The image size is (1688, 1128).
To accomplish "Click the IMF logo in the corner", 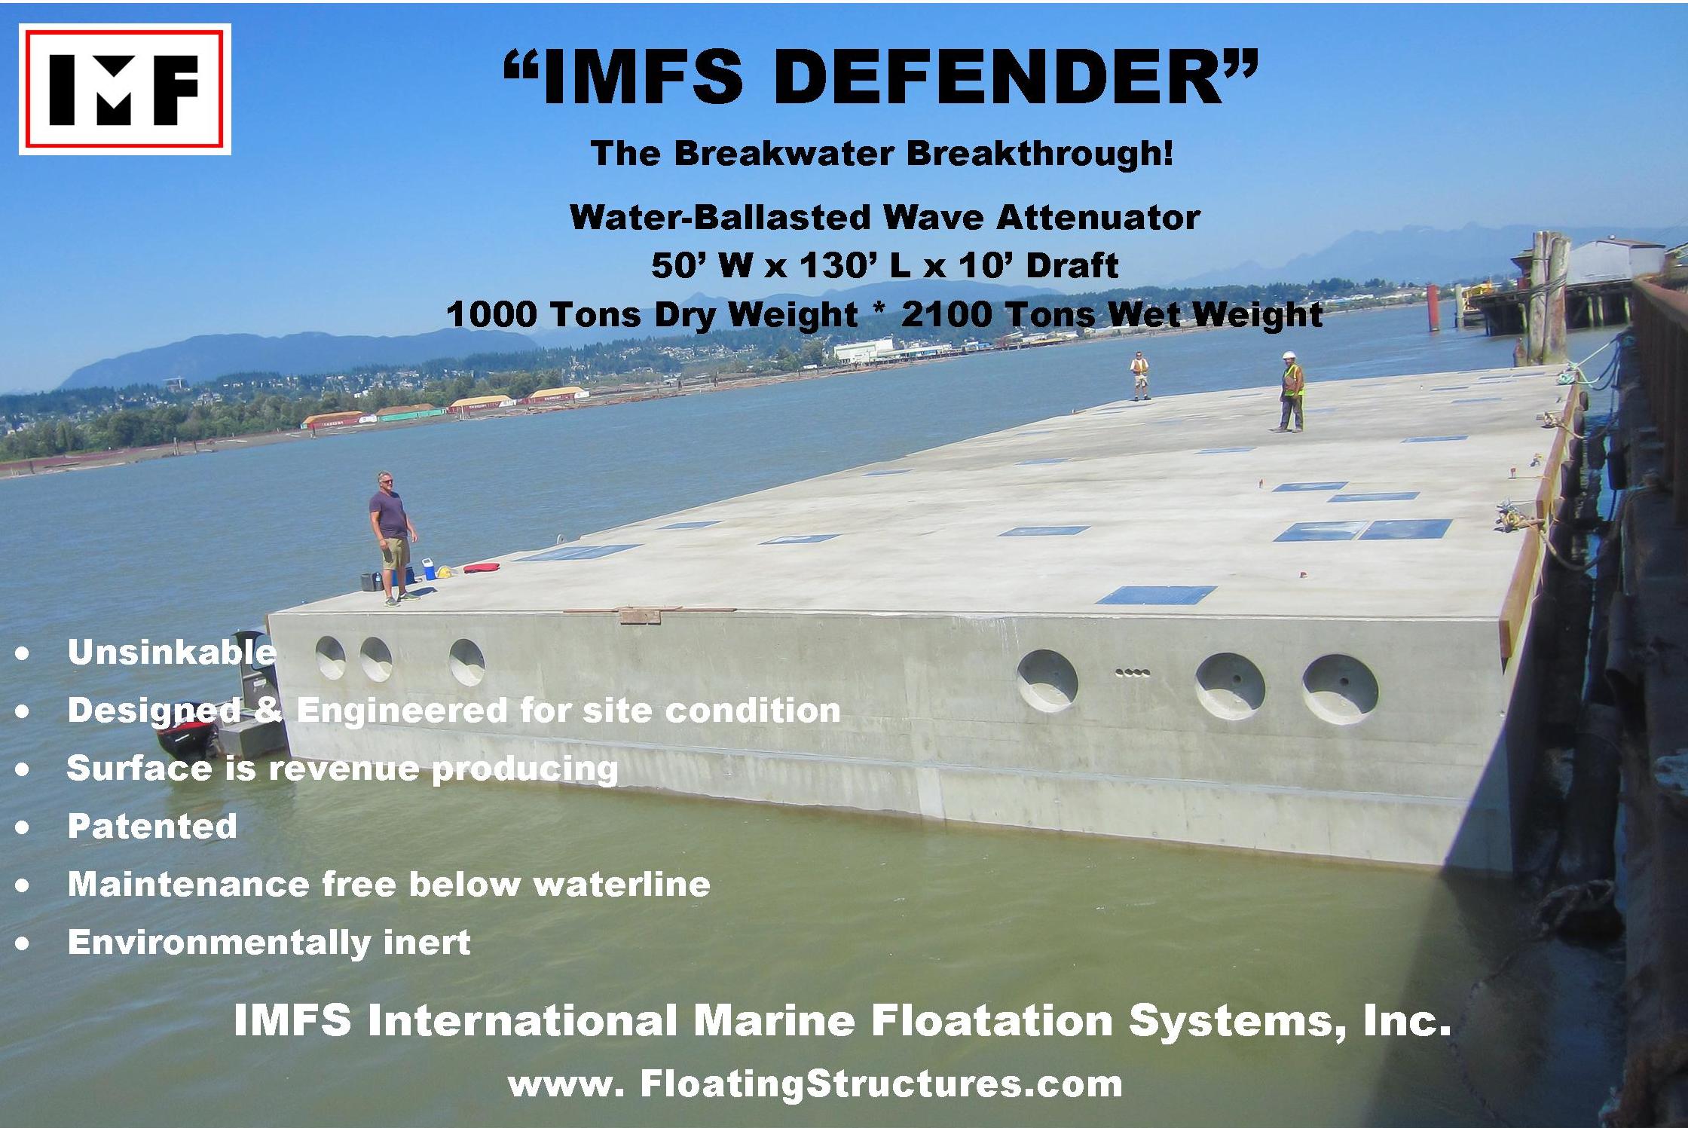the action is [125, 89].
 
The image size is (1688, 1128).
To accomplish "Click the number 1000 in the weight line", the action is [491, 313].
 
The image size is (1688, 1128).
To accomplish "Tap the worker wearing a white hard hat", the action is [1292, 391].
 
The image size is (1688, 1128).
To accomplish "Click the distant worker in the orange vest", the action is [1139, 375].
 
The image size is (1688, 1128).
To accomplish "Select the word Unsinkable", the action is [172, 653].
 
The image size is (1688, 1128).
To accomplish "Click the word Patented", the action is [152, 826].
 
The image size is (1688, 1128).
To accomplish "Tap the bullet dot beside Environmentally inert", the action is [23, 943].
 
